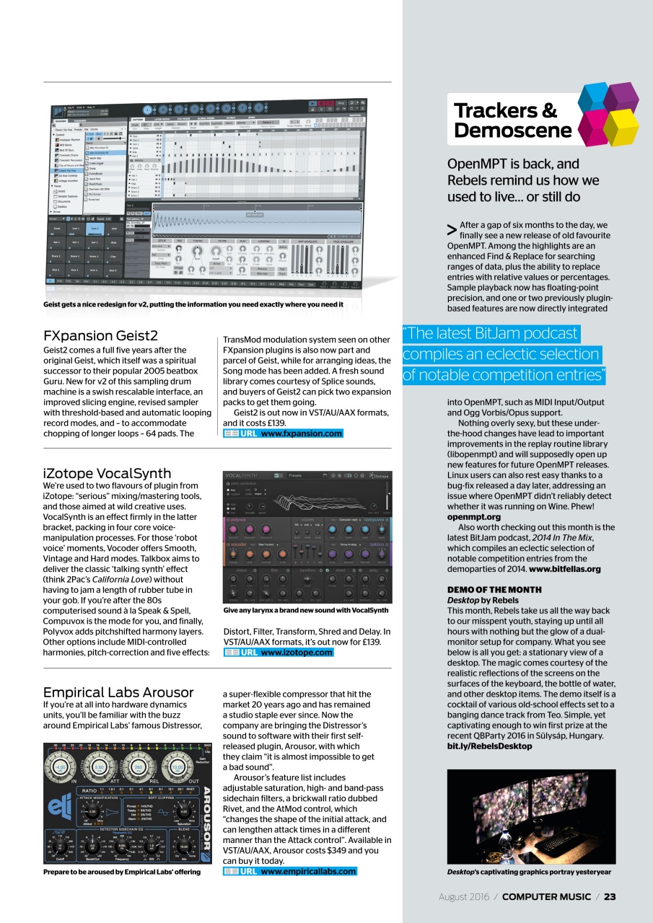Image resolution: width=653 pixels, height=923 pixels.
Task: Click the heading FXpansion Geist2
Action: coord(100,335)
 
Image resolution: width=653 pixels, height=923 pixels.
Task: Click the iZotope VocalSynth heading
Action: coord(107,473)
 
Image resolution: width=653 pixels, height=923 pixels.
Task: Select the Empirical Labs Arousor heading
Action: coord(117,692)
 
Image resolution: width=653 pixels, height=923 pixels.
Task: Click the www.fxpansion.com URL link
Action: coord(301,433)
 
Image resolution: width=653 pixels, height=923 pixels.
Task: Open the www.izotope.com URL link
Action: coord(297,652)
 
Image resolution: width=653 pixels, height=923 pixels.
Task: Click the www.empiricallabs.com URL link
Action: coord(308,871)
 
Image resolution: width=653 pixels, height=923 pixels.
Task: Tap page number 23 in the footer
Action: coord(610,897)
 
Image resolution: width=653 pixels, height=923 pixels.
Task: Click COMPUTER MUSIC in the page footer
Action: coord(546,897)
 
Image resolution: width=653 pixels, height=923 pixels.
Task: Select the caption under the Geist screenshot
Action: coord(193,304)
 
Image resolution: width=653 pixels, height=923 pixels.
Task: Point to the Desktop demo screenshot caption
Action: coord(529,872)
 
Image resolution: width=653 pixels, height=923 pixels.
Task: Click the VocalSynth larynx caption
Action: coord(306,611)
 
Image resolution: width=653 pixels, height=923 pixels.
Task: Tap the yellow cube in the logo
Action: coord(621,127)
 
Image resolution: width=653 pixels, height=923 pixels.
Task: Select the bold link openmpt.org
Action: coord(473,517)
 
